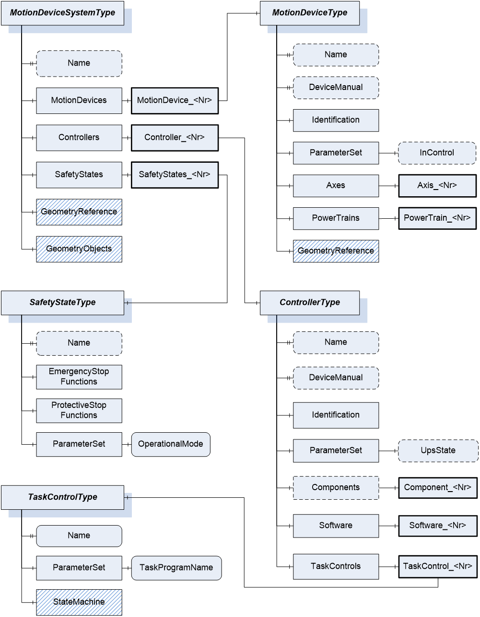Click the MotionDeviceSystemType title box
[62, 13]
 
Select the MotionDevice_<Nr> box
[175, 101]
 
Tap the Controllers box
[79, 137]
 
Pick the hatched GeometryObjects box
[79, 249]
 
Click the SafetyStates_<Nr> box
[175, 175]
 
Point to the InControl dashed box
[437, 153]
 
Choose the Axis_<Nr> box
[437, 185]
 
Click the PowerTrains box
[336, 218]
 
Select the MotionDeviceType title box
[310, 13]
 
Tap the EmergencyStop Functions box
[79, 377]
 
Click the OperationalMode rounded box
[171, 444]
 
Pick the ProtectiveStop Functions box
[79, 410]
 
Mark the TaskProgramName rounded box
[176, 568]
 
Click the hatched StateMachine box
[79, 602]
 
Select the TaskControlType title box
[62, 497]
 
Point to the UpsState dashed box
[438, 450]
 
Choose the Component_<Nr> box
[437, 487]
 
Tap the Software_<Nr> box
[437, 526]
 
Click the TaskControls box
[336, 566]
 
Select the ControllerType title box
[310, 303]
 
